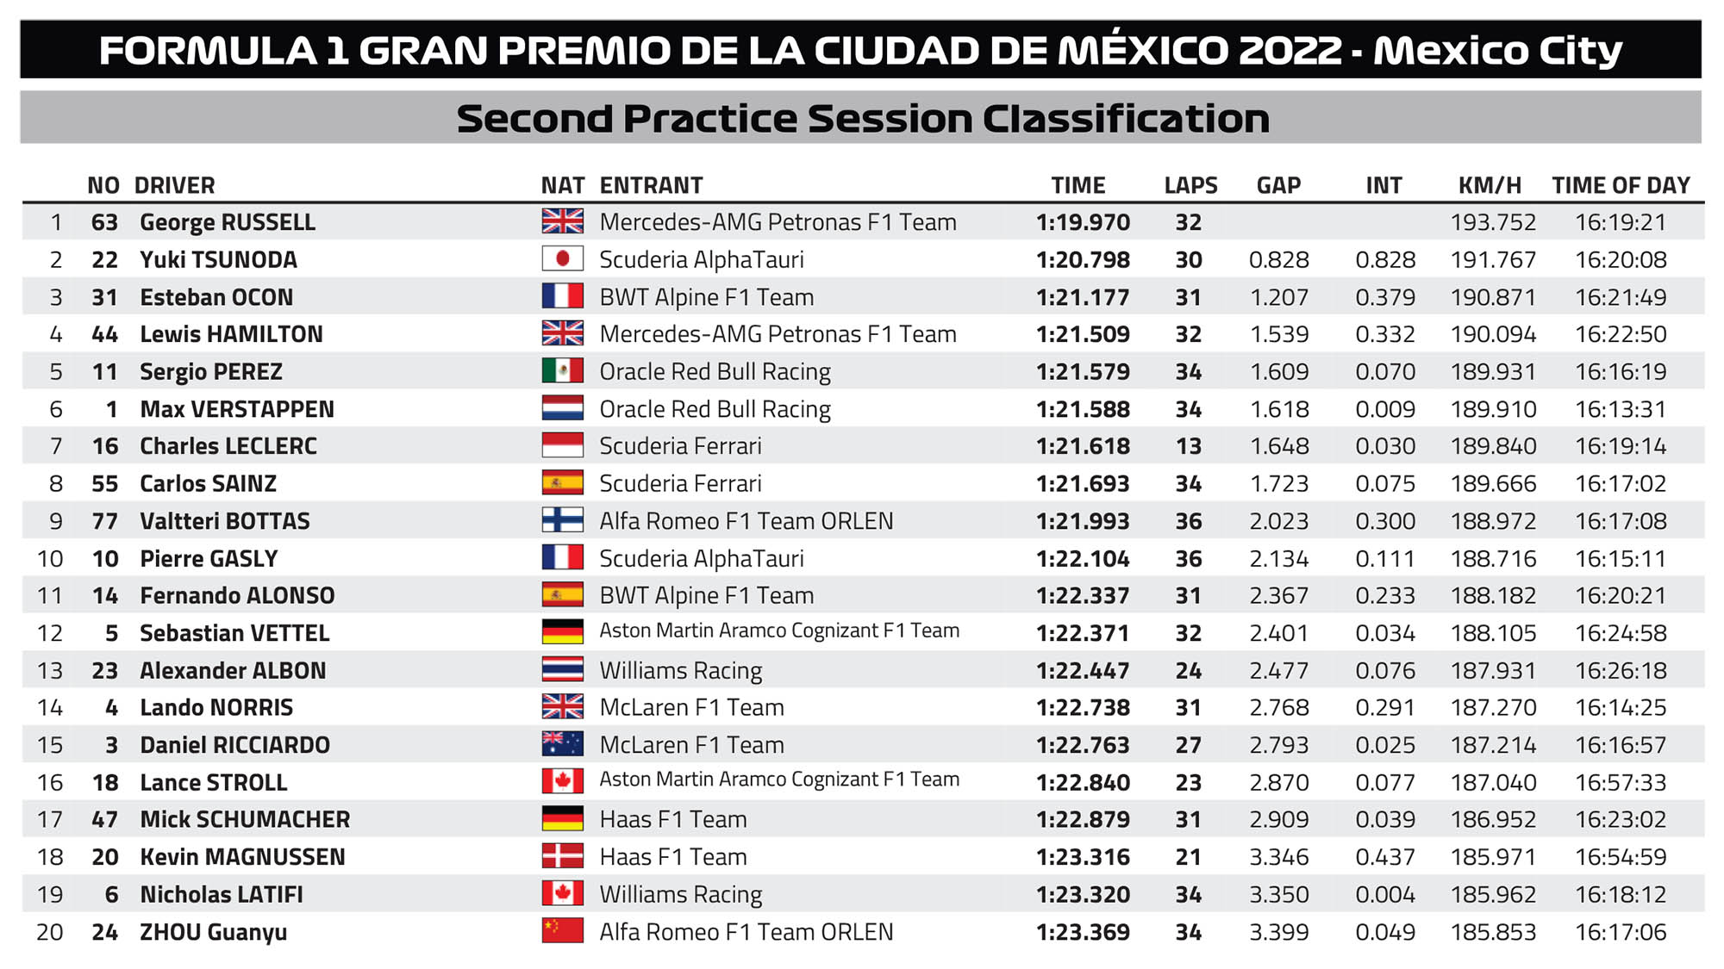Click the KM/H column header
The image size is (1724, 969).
1489,185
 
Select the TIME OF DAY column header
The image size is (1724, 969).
1621,185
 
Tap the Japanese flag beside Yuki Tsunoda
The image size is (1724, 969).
562,259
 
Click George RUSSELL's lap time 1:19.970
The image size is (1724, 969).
1083,222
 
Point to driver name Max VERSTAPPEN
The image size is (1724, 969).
237,409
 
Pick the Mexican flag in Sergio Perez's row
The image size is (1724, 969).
562,371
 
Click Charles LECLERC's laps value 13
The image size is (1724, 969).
1188,446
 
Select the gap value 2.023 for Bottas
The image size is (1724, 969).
1279,521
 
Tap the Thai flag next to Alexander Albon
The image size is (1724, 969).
562,670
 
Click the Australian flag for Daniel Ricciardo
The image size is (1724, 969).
562,744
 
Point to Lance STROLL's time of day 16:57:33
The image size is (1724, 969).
1621,782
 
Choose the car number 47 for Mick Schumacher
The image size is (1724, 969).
104,819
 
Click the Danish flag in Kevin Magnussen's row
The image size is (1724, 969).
562,856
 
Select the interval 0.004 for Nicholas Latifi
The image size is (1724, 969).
1384,894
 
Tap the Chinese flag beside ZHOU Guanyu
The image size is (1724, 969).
562,931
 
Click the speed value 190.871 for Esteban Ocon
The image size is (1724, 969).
1493,297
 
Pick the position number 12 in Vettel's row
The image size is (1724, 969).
50,633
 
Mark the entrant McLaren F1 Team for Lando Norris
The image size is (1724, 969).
691,707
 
